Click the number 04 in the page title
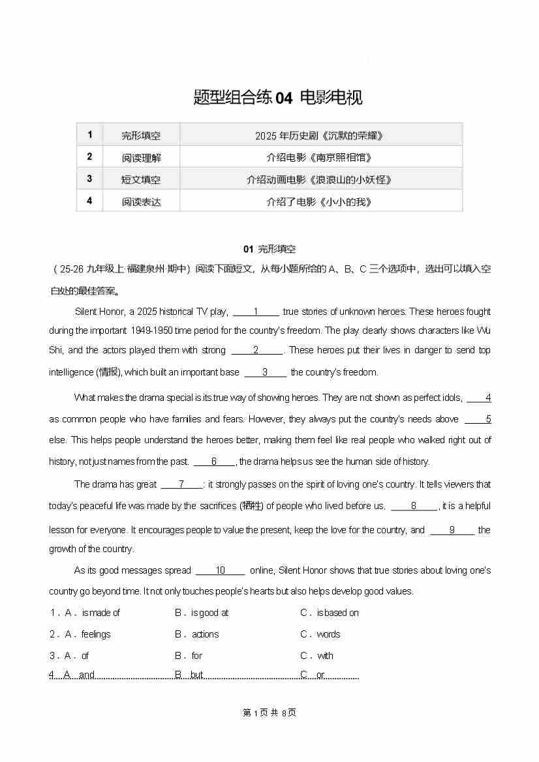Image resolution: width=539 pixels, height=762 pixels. pos(284,98)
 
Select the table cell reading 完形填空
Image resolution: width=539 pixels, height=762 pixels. pos(141,136)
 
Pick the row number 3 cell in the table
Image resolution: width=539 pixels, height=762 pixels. pos(89,179)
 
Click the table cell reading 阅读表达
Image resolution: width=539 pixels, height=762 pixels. pos(141,201)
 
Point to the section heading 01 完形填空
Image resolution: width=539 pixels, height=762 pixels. pos(269,249)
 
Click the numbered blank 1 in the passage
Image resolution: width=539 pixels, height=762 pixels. pos(256,312)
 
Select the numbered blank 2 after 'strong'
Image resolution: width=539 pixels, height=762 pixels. pos(256,350)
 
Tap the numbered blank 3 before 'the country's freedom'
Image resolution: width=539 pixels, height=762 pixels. pos(265,372)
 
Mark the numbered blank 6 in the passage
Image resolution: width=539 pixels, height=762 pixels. pos(213,462)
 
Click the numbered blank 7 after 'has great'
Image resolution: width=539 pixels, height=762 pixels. pos(181,484)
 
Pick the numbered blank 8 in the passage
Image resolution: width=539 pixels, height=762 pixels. pos(414,506)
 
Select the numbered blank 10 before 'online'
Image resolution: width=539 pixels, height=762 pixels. pos(220,570)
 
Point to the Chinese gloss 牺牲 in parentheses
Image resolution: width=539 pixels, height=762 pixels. pos(252,506)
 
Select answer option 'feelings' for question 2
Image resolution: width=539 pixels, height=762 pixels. pos(96,634)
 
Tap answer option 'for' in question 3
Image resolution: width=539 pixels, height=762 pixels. pos(197,656)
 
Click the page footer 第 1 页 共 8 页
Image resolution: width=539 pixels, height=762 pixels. pos(269,712)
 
